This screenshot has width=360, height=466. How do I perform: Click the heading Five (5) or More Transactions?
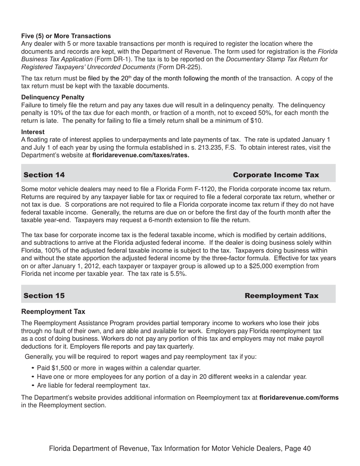click(x=66, y=36)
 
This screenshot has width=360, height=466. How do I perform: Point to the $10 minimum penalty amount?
click(x=258, y=121)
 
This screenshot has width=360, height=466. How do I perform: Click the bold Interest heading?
click(x=33, y=132)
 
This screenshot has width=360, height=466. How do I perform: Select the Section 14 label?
click(x=44, y=175)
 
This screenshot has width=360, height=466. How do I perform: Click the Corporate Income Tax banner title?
click(x=275, y=175)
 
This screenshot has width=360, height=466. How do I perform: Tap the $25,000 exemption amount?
click(x=261, y=266)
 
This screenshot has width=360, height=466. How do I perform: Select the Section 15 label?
click(x=44, y=296)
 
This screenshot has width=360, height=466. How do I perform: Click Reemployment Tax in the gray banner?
click(x=281, y=296)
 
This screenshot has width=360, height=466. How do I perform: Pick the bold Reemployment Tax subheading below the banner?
click(x=53, y=312)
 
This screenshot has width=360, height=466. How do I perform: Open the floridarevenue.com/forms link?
click(x=299, y=398)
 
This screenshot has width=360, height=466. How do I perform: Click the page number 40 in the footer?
click(x=307, y=449)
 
